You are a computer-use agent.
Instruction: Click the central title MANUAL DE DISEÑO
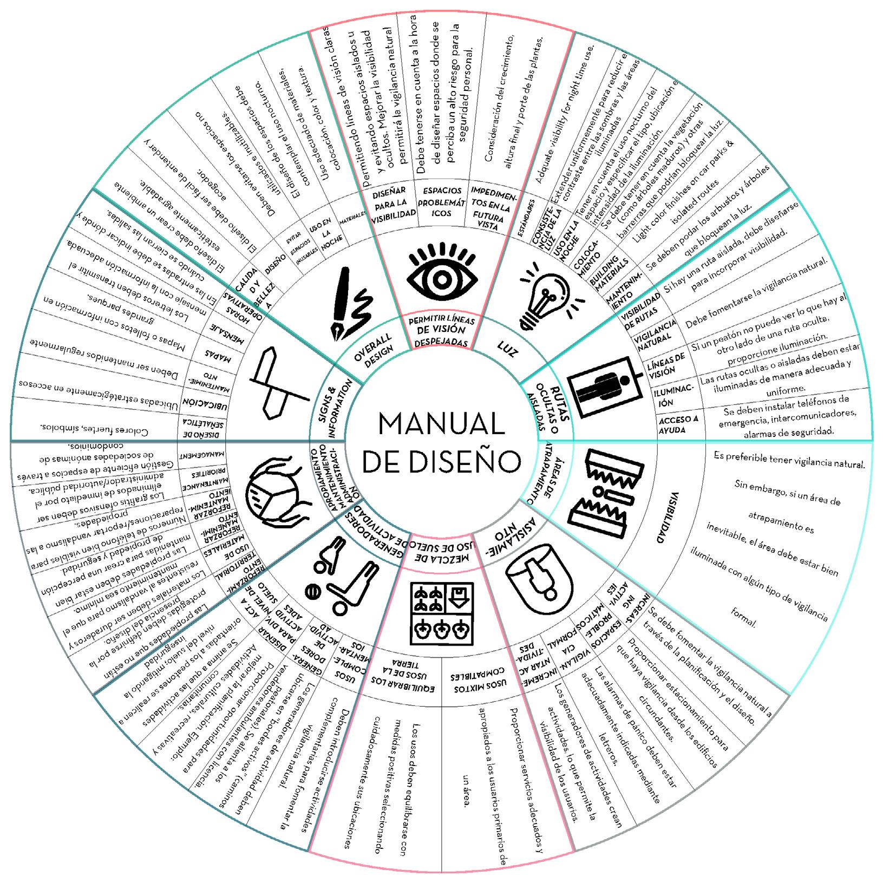click(x=441, y=441)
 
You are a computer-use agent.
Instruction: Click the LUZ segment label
click(x=507, y=352)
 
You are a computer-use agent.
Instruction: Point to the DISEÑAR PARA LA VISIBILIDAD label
click(x=393, y=202)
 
